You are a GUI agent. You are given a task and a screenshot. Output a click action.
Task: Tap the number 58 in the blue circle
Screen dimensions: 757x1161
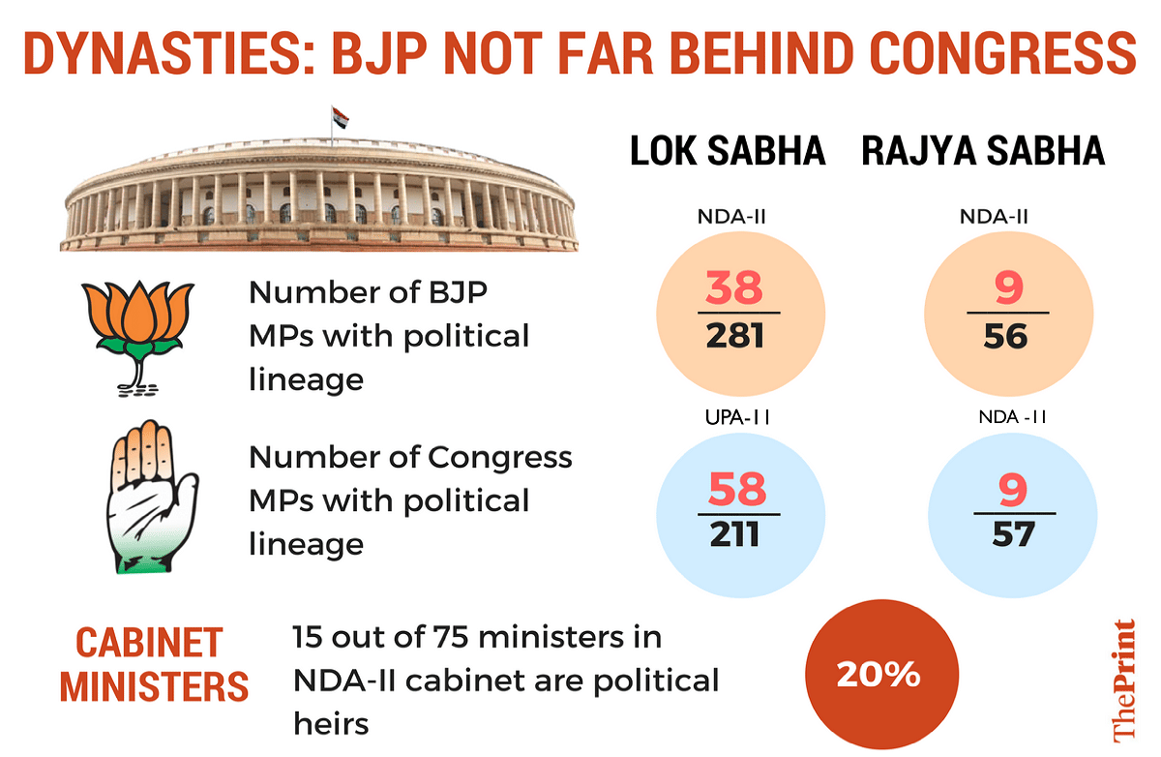pyautogui.click(x=737, y=489)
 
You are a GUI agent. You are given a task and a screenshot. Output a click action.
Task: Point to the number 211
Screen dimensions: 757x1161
pyautogui.click(x=737, y=534)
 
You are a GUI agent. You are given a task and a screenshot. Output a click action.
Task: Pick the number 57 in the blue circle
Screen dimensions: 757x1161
pyautogui.click(x=1012, y=534)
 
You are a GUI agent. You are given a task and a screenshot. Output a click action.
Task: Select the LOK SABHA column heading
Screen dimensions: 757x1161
pyautogui.click(x=728, y=152)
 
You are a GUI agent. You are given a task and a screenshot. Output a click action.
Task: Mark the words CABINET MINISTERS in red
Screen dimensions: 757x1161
pyautogui.click(x=154, y=665)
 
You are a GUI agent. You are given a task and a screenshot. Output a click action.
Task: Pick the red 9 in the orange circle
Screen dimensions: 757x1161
pyautogui.click(x=1008, y=288)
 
